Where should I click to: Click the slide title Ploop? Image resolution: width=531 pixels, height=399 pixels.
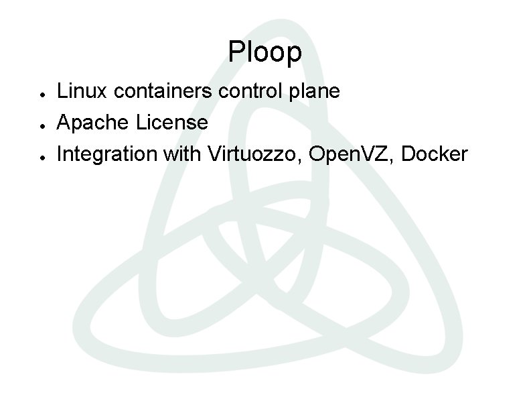coord(264,52)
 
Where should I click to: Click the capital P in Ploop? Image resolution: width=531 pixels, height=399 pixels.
coord(235,52)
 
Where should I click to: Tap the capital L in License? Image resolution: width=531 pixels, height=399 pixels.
coord(140,123)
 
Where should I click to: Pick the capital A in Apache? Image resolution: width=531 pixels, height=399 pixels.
coord(65,123)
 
